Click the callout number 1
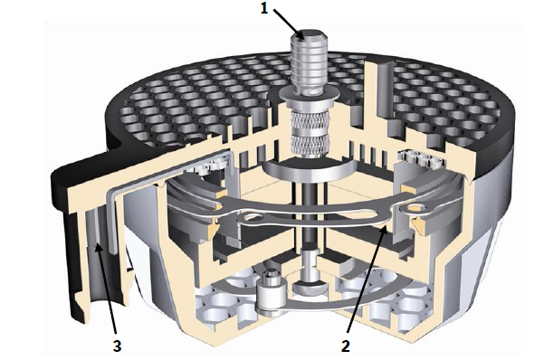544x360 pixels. pos(264,8)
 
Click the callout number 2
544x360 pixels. pos(345,346)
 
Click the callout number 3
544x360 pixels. pos(118,346)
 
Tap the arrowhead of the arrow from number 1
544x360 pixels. pos(301,35)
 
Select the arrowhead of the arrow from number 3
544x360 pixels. pos(99,248)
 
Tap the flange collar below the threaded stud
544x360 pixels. pos(309,94)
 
